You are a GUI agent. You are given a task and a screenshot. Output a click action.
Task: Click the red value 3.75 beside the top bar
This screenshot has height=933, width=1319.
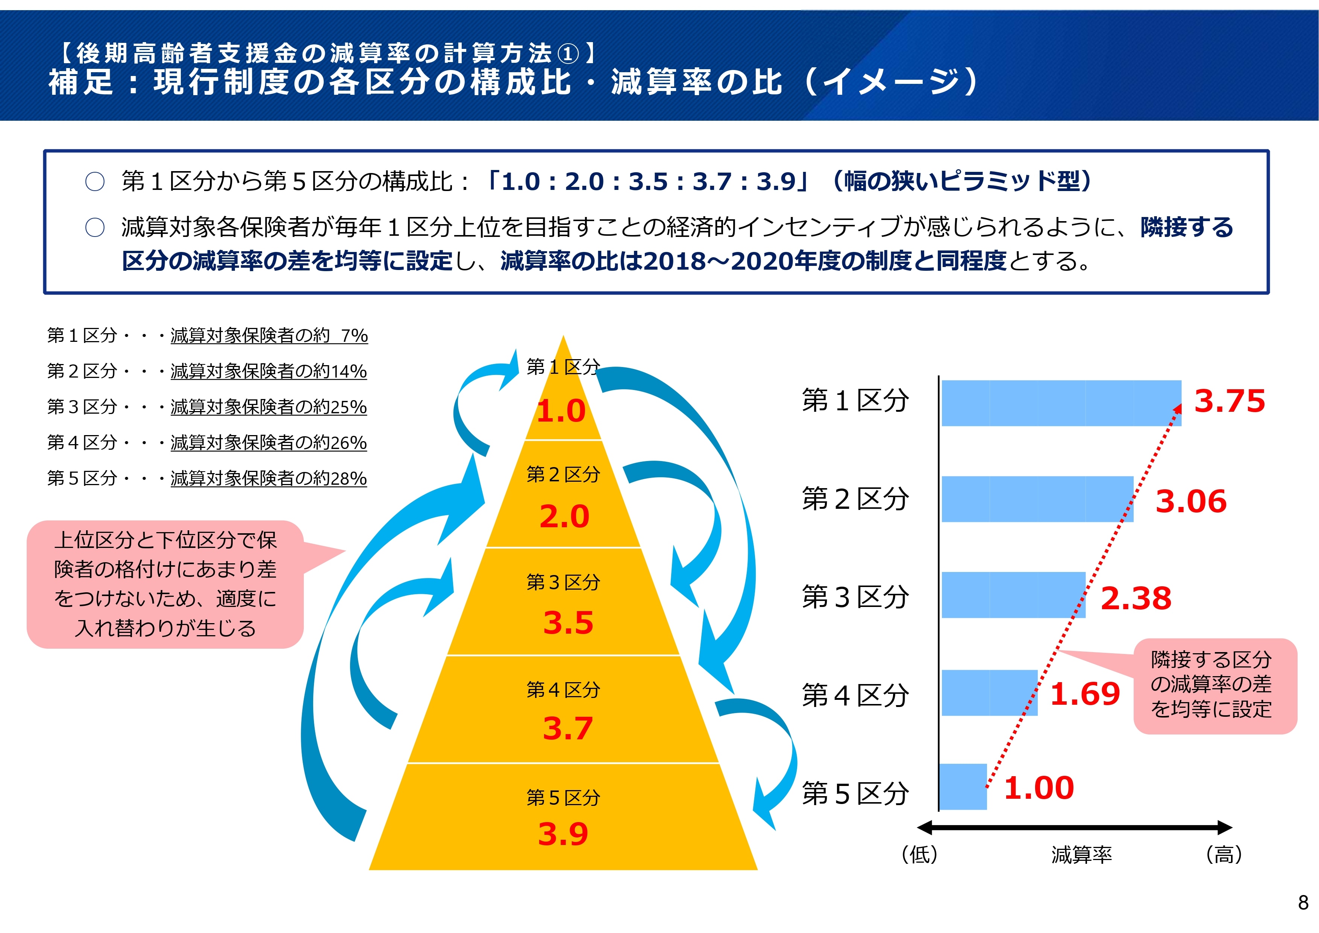tap(1230, 401)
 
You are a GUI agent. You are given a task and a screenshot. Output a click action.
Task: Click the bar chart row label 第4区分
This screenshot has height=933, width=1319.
tap(855, 695)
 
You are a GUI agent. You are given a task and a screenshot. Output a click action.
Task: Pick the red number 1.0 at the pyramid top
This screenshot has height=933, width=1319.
tap(561, 411)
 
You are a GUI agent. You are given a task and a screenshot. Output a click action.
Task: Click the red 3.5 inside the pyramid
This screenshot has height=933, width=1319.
tap(568, 622)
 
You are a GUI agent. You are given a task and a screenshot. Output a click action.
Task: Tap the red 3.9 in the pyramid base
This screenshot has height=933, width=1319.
tap(563, 834)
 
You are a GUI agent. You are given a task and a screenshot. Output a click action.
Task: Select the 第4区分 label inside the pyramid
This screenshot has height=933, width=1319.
tap(563, 689)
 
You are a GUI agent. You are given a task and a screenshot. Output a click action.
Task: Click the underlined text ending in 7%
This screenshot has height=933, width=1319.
tap(269, 335)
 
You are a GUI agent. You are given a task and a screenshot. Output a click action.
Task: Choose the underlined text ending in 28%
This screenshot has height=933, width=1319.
tap(268, 478)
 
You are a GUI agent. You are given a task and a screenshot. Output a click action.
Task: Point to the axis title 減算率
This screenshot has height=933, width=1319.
tap(1082, 855)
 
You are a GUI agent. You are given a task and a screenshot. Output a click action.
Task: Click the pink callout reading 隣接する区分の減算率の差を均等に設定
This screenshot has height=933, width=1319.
tap(1215, 686)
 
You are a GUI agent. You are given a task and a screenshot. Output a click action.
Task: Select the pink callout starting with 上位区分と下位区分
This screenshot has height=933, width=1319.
tap(165, 584)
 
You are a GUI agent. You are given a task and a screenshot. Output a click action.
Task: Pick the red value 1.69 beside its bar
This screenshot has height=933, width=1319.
tap(1085, 694)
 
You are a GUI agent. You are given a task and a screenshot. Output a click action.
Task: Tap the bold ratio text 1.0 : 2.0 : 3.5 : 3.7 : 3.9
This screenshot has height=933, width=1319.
tap(648, 182)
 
